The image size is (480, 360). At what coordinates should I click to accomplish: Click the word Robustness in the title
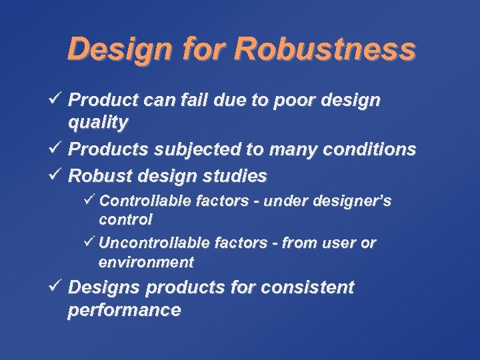click(325, 49)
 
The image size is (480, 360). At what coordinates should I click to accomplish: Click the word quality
click(98, 123)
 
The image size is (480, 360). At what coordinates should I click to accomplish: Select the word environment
click(146, 262)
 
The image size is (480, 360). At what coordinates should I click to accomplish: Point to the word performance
click(124, 311)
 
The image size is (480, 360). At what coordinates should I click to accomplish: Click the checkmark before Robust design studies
click(55, 175)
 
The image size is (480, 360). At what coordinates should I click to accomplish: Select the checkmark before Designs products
click(55, 287)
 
